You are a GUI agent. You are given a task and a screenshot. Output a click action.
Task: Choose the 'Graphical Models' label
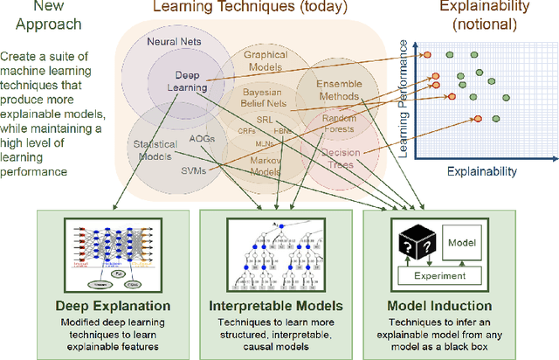[x=266, y=60]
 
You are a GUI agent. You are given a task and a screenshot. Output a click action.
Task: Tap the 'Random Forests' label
[x=339, y=123]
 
